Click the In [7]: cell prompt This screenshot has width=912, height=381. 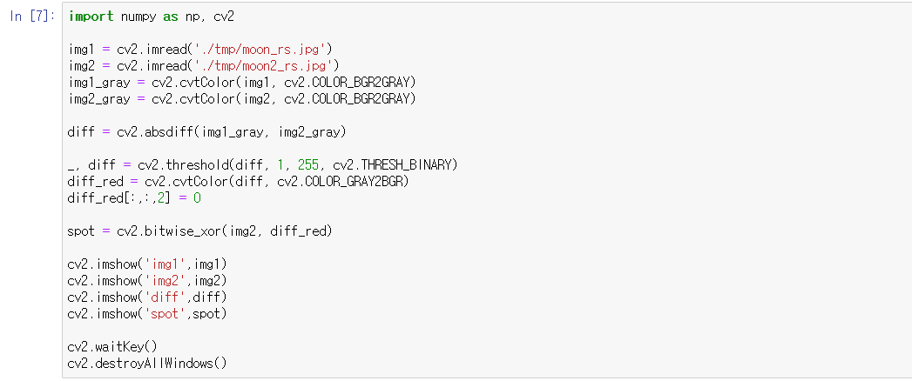tap(32, 17)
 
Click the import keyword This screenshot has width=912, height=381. tap(90, 17)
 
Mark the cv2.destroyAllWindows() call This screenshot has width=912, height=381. tap(146, 363)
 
